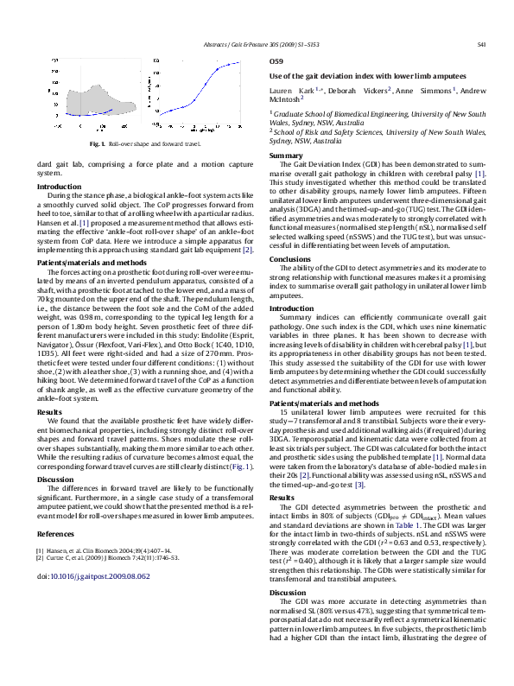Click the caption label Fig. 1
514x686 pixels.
point(97,143)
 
